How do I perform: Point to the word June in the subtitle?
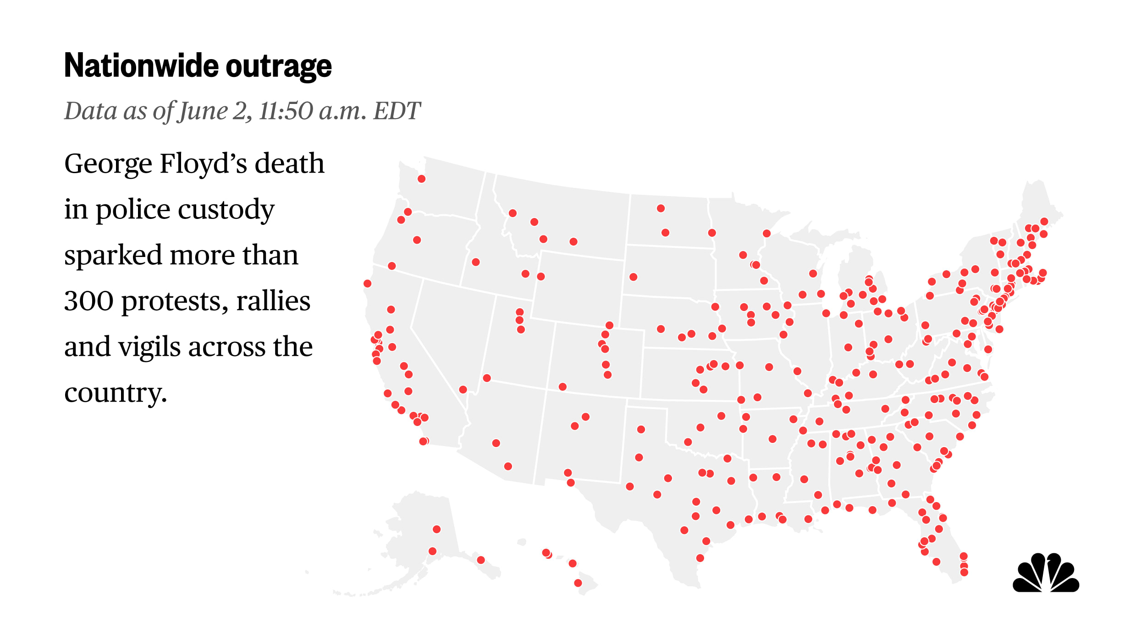203,111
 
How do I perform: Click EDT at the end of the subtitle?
397,111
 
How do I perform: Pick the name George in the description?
108,164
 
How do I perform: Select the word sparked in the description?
113,255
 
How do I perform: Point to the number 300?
88,301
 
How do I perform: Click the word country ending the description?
115,393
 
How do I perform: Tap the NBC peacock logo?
1046,573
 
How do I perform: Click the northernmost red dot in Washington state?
421,179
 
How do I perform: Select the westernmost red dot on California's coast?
367,284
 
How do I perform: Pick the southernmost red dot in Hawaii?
578,583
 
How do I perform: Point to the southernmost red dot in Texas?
700,558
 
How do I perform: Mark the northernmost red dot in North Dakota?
661,208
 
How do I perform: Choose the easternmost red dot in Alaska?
481,560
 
